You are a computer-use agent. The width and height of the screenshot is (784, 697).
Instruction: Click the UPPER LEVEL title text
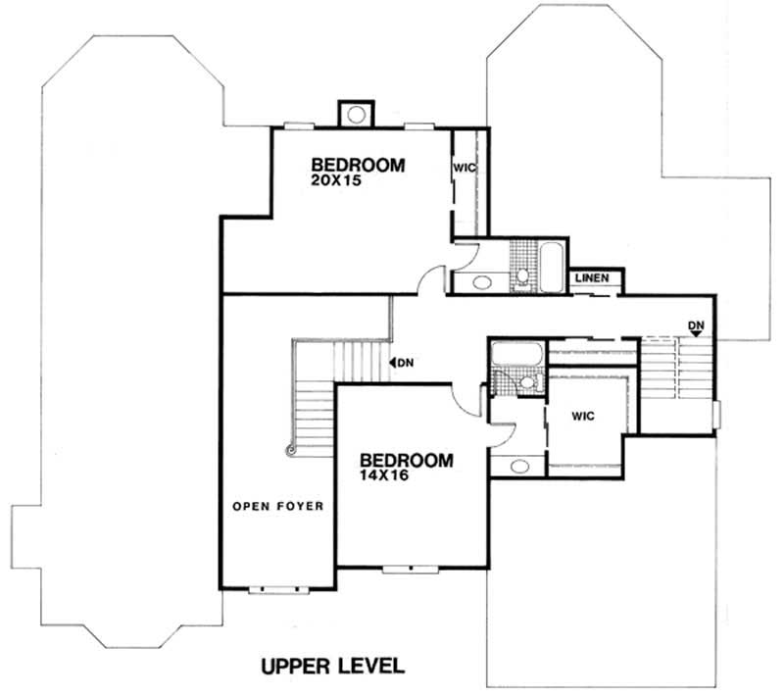pyautogui.click(x=332, y=668)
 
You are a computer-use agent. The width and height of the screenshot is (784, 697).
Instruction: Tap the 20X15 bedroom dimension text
pyautogui.click(x=332, y=181)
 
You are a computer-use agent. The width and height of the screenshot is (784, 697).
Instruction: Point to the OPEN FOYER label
pyautogui.click(x=278, y=506)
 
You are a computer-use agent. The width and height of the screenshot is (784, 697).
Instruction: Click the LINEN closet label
pyautogui.click(x=593, y=278)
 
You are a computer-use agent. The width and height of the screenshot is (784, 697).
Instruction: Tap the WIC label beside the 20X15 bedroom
pyautogui.click(x=464, y=168)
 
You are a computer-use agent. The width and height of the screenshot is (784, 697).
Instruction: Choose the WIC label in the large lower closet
pyautogui.click(x=584, y=416)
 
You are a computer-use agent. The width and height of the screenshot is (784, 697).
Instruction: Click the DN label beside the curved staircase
pyautogui.click(x=403, y=363)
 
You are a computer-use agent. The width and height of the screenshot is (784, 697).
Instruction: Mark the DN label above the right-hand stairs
pyautogui.click(x=696, y=326)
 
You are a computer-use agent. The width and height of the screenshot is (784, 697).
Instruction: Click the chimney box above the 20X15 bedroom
pyautogui.click(x=354, y=113)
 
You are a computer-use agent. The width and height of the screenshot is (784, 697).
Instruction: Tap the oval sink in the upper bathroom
pyautogui.click(x=483, y=282)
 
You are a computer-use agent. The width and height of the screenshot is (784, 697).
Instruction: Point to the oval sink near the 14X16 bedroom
pyautogui.click(x=518, y=466)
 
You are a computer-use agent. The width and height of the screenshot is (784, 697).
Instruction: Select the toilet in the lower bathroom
pyautogui.click(x=529, y=383)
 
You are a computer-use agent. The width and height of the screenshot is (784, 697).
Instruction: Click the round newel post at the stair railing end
pyautogui.click(x=290, y=451)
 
